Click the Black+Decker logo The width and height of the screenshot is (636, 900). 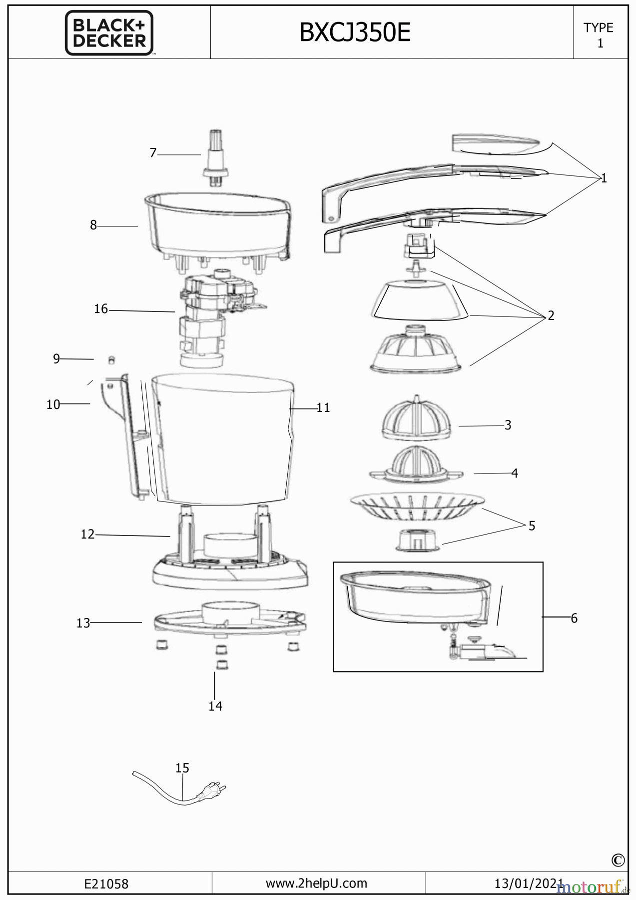[x=109, y=33]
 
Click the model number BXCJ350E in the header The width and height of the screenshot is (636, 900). [x=355, y=33]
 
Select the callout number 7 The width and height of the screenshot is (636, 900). [x=153, y=153]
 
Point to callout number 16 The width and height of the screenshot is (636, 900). [x=101, y=309]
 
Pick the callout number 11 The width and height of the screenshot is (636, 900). [x=323, y=408]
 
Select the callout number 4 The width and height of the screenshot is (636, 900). [x=515, y=473]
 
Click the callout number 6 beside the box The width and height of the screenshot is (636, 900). [x=574, y=618]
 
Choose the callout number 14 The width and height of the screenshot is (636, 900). [x=215, y=706]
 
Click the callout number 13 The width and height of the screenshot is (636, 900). [x=83, y=623]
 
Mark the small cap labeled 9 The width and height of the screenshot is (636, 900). [x=112, y=360]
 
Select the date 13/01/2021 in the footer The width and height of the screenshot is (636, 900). [x=529, y=883]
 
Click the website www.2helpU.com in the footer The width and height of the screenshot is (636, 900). [x=316, y=883]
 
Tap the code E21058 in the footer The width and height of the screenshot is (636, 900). [x=106, y=884]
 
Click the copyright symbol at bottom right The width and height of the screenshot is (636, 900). [x=618, y=860]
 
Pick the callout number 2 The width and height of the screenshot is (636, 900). [x=551, y=315]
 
